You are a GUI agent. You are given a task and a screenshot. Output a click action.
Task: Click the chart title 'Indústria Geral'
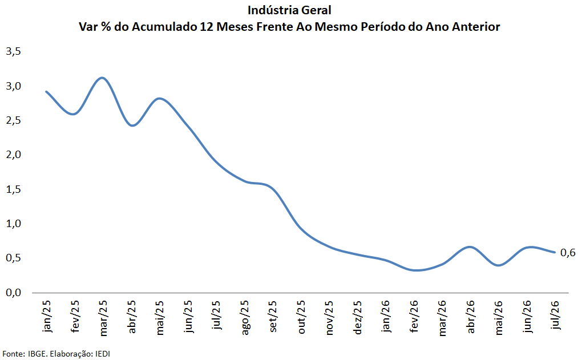coord(289,10)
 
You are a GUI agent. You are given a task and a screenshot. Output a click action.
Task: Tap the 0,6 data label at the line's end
coord(567,253)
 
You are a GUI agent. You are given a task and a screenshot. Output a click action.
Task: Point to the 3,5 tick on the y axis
coord(14,51)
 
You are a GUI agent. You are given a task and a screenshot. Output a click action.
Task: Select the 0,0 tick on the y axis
coord(14,293)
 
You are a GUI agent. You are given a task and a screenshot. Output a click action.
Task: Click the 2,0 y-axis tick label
coord(14,155)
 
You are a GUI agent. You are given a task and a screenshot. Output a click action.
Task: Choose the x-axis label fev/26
coord(414,317)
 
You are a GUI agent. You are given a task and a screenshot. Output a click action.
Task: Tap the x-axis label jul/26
coord(556,315)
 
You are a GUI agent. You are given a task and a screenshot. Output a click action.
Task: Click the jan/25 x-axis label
coord(47,317)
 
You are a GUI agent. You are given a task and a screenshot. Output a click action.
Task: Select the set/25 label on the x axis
coord(273,317)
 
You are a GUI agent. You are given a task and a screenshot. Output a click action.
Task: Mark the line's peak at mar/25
coord(103,78)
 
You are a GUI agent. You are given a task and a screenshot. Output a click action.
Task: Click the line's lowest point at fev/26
coord(415,270)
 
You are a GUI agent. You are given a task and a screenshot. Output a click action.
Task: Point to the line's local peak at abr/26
coord(470,247)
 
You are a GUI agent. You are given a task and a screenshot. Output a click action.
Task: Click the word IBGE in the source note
coord(38,354)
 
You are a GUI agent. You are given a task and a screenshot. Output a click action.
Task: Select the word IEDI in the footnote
coord(103,354)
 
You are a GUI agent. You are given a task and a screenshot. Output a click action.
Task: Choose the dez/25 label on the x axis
coord(358,317)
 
